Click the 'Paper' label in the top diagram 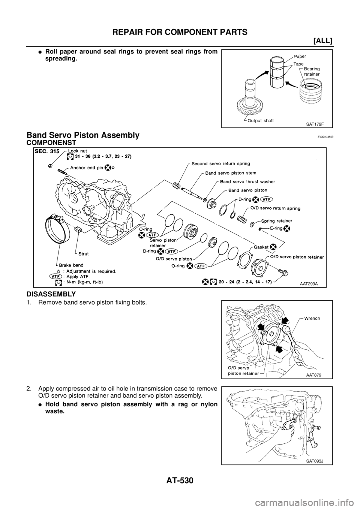[300, 56]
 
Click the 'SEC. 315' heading [48, 151]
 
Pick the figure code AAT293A [308, 283]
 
